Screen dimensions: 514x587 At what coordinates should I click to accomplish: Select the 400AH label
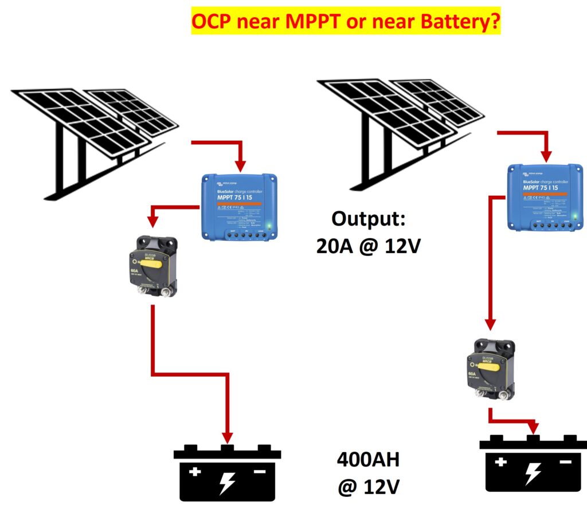point(367,461)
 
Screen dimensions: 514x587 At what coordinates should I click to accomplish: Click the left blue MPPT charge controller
point(239,206)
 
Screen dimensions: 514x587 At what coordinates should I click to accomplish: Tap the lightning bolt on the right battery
point(533,473)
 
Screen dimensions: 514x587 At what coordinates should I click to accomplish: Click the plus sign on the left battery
point(195,472)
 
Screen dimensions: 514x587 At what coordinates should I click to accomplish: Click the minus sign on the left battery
point(259,472)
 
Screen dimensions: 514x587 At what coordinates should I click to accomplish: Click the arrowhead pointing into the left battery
point(228,437)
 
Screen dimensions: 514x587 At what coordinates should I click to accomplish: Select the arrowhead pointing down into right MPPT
point(547,155)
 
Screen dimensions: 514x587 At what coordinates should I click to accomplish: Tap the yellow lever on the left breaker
point(155,255)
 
